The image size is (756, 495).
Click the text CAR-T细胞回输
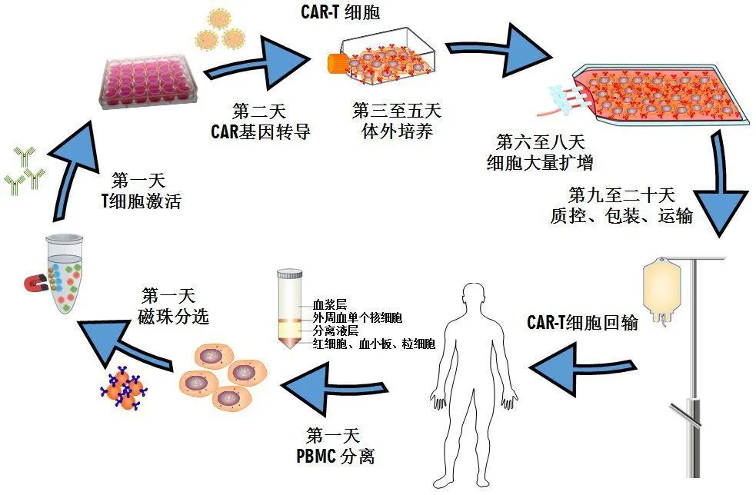[x=582, y=323]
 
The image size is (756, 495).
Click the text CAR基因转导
[x=261, y=131]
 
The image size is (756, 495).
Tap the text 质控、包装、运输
[x=621, y=216]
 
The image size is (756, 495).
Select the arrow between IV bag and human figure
[x=584, y=361]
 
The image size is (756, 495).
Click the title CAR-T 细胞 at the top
[x=338, y=13]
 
